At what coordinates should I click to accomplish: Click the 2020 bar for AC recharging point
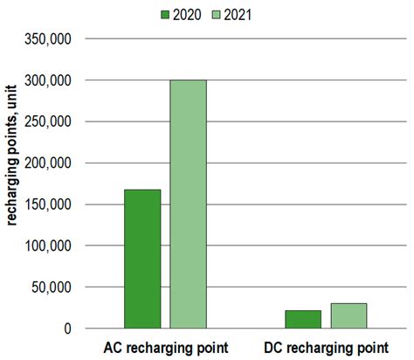point(142,259)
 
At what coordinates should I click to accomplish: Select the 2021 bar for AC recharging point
point(188,204)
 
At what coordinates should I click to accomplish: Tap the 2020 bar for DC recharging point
point(303,319)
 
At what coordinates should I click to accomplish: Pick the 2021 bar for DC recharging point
point(348,315)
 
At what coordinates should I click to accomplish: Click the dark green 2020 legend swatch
point(167,14)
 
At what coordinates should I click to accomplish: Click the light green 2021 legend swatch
point(217,14)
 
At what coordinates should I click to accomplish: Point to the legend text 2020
point(189,14)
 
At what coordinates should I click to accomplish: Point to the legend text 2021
point(239,14)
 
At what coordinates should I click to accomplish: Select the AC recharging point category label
point(165,347)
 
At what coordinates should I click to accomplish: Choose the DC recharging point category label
point(325,347)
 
